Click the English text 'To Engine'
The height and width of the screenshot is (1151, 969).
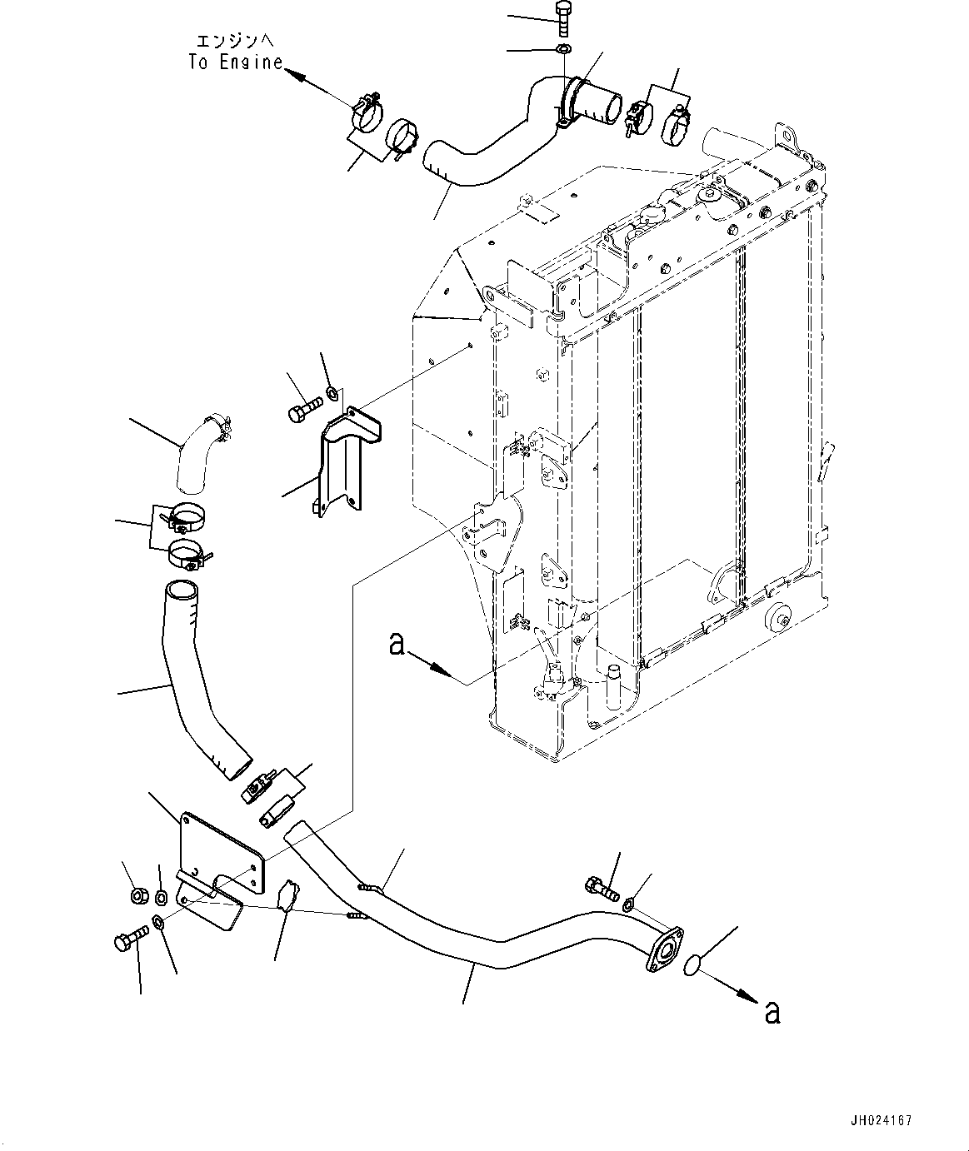point(236,62)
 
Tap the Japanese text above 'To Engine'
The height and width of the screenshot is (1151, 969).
point(235,41)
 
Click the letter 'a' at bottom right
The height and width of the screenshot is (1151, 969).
point(772,1012)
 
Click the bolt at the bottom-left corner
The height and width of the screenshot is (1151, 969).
point(131,939)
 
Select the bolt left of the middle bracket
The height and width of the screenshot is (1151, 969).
point(305,408)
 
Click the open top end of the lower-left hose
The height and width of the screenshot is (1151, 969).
point(182,591)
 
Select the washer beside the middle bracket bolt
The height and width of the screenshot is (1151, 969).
point(332,393)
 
